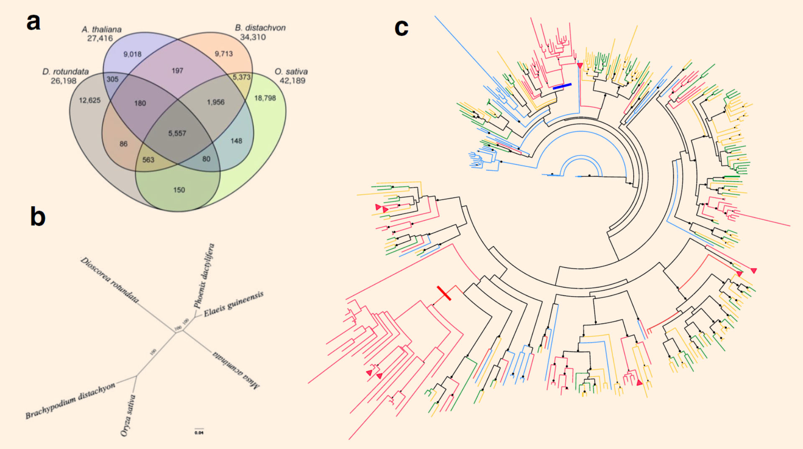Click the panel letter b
[38, 217]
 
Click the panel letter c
[401, 28]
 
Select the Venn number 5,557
[177, 133]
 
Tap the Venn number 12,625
[90, 100]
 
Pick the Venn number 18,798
[265, 98]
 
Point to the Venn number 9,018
[132, 54]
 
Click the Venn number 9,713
[224, 54]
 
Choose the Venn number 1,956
[215, 103]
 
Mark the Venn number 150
[179, 190]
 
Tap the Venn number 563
[148, 160]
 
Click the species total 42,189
[292, 81]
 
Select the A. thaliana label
[102, 30]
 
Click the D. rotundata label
[66, 72]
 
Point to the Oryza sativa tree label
[128, 416]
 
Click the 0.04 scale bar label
[199, 433]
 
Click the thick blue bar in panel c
[562, 86]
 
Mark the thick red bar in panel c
[444, 293]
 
